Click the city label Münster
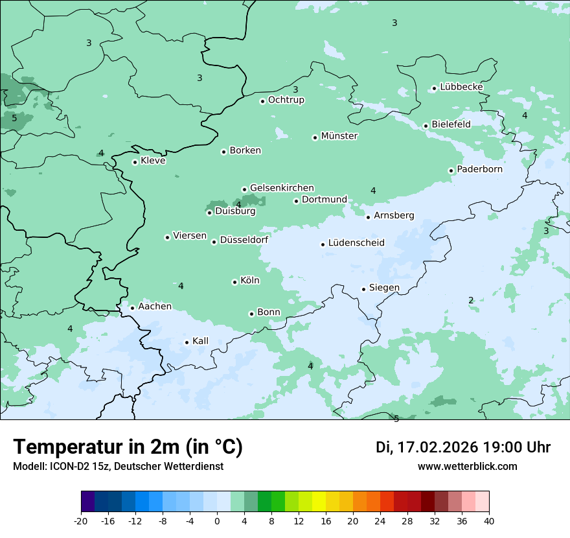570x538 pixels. click(x=339, y=136)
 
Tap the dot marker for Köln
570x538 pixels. click(x=234, y=282)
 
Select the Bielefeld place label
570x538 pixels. click(x=451, y=124)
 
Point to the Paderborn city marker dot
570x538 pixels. click(x=451, y=170)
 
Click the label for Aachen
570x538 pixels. click(x=155, y=306)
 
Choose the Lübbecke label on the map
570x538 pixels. click(x=461, y=87)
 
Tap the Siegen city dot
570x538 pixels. click(x=364, y=289)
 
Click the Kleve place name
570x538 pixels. click(x=153, y=161)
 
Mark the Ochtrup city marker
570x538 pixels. click(x=263, y=100)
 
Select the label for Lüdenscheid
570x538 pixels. click(x=356, y=243)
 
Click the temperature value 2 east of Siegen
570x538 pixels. click(x=471, y=300)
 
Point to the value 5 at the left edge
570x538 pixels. click(x=14, y=118)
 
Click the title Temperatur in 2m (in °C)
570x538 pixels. click(x=128, y=447)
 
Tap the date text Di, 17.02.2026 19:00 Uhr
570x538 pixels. click(x=462, y=447)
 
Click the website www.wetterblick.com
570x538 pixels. click(x=467, y=466)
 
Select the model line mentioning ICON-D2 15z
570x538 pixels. click(x=118, y=466)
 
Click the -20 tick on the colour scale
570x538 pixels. click(x=81, y=520)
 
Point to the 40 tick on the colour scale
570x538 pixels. click(x=489, y=520)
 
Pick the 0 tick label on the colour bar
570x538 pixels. click(x=217, y=520)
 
